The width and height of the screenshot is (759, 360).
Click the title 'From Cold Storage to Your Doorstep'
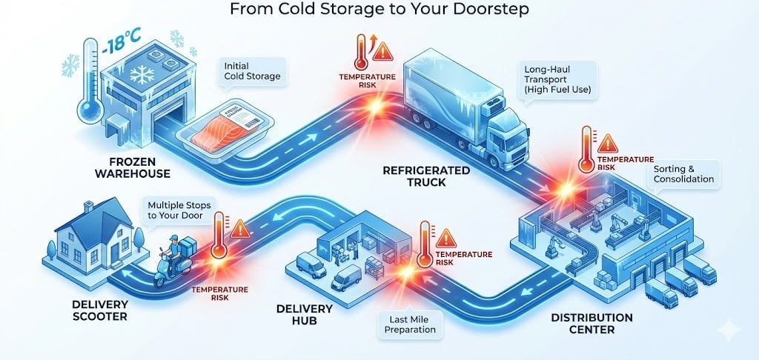tap(379, 10)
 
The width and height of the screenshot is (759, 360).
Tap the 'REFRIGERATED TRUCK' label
tap(426, 176)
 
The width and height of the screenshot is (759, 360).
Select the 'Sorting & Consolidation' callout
tap(683, 173)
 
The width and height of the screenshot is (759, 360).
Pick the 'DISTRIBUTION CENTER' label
tap(591, 323)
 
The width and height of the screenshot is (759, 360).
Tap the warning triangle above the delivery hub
tap(445, 238)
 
